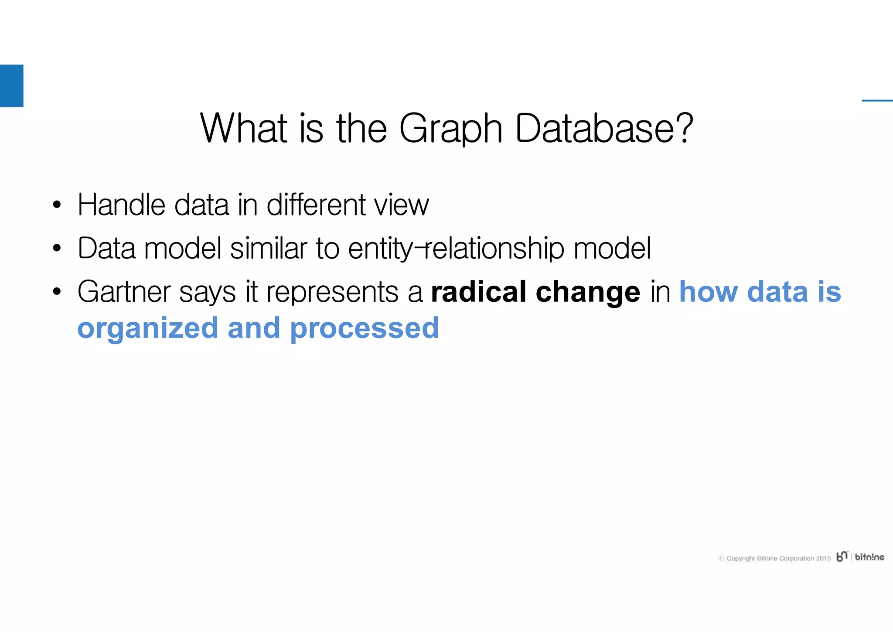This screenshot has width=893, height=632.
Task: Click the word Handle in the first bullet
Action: coord(121,205)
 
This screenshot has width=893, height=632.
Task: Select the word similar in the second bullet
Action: coord(269,248)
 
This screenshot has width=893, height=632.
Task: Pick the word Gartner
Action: coord(123,292)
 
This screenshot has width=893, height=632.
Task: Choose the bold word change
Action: coord(587,293)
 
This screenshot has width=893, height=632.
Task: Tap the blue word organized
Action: coord(147,329)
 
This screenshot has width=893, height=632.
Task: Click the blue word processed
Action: coord(364,329)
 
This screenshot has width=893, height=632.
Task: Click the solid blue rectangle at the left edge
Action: coord(11,85)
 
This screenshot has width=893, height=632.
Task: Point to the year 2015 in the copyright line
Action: coord(823,558)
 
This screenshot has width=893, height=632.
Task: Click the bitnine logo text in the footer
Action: coord(869,557)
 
